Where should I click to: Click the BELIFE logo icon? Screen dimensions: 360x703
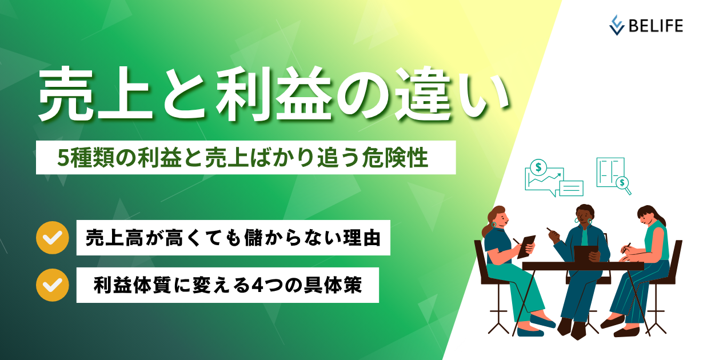click(x=617, y=25)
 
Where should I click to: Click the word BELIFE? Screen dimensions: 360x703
click(x=654, y=25)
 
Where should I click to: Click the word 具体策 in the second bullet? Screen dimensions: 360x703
click(x=340, y=285)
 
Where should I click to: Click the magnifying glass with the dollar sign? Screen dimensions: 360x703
click(x=622, y=183)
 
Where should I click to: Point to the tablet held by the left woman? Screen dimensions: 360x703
click(x=526, y=246)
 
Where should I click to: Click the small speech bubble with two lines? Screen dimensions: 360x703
click(x=571, y=188)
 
